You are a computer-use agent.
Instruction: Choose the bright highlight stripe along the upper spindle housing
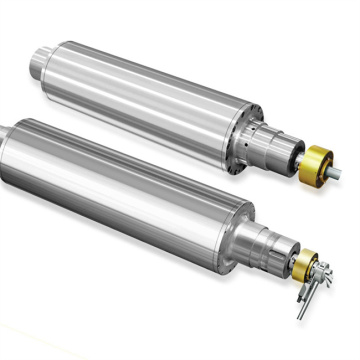(140, 75)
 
